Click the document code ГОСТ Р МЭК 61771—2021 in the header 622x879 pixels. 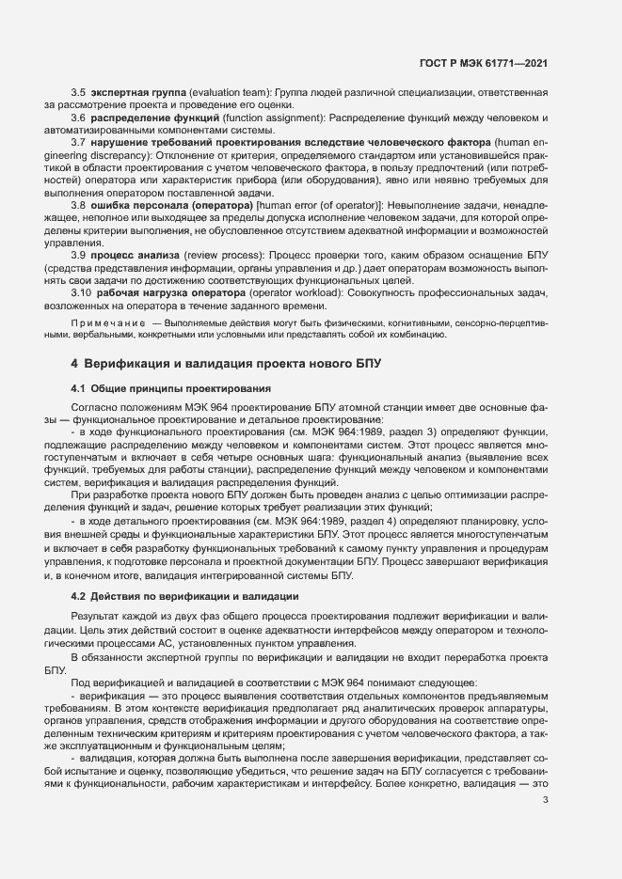pyautogui.click(x=484, y=65)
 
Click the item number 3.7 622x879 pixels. pyautogui.click(x=79, y=142)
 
